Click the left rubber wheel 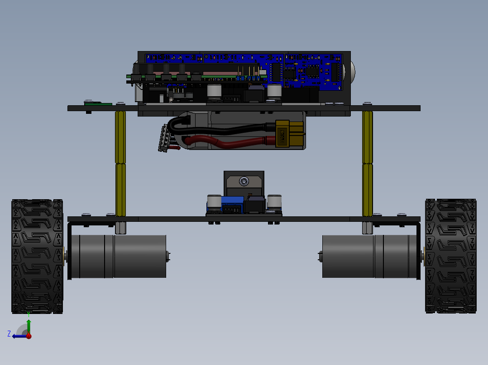click(x=37, y=256)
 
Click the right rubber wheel click(x=451, y=256)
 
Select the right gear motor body click(x=369, y=256)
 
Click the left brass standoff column click(x=120, y=163)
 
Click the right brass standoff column click(x=368, y=163)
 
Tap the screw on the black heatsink click(x=244, y=182)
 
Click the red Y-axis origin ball click(x=29, y=336)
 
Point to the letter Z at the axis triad click(x=9, y=333)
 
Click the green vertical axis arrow click(x=29, y=325)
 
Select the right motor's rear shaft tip click(x=320, y=257)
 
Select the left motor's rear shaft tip click(x=168, y=256)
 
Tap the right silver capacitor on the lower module click(x=274, y=202)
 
